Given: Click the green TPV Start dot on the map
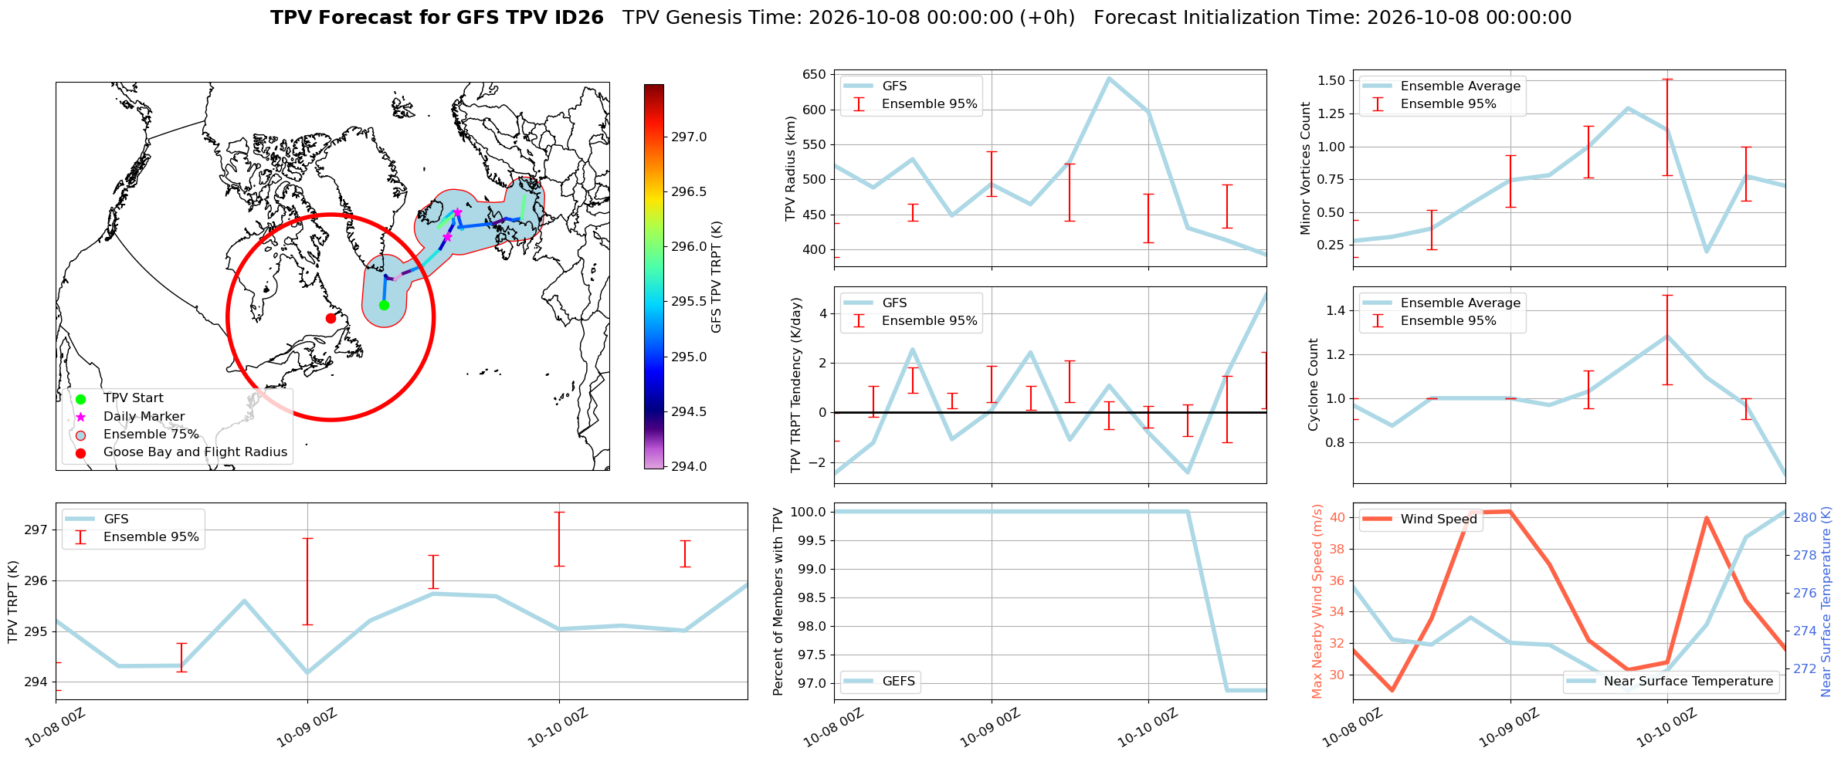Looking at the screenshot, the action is [x=384, y=305].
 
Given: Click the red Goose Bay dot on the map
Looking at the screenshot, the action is [x=331, y=318].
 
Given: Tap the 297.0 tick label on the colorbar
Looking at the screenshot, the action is [x=689, y=137].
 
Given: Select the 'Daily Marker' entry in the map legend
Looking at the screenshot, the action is [x=144, y=416].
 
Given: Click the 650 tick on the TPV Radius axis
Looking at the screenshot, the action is [x=815, y=75].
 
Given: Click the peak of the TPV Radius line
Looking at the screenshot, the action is [x=1109, y=78].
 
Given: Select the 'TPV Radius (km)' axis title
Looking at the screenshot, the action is [x=790, y=169].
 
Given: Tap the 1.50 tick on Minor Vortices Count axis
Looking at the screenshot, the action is [x=1331, y=80].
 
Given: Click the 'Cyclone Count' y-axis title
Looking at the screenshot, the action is [x=1313, y=384].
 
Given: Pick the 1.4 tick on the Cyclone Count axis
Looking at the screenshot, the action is [x=1336, y=310].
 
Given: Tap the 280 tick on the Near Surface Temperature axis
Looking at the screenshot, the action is [x=1804, y=517].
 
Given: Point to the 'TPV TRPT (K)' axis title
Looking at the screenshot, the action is [x=12, y=602].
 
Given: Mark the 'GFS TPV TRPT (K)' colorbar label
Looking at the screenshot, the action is [x=717, y=276].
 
